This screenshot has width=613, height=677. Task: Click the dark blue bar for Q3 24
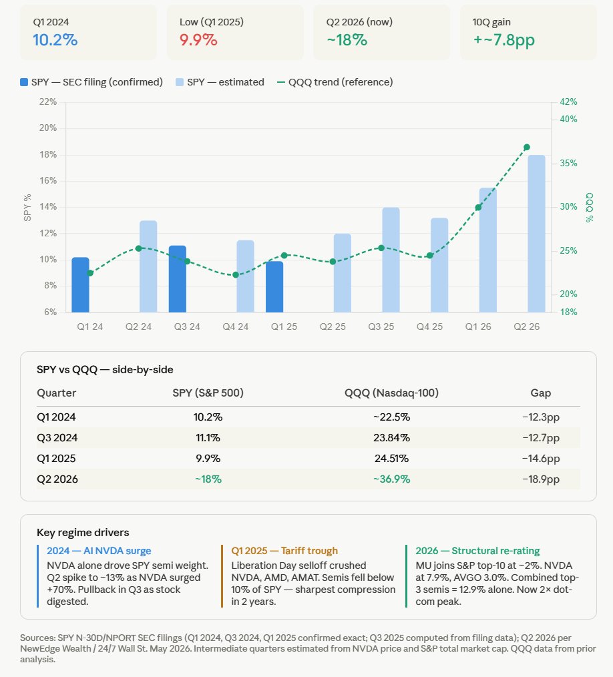[178, 279]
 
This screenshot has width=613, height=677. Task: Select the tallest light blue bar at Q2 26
[537, 234]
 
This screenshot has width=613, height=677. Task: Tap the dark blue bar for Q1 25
[274, 286]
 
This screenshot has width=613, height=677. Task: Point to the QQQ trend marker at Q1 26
[478, 208]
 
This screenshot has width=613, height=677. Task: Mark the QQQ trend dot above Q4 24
[236, 274]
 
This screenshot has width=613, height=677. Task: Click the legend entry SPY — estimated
[220, 82]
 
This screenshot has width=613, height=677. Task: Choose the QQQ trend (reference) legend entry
[335, 82]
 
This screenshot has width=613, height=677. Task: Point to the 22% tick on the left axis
[48, 102]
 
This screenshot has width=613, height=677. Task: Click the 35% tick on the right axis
[568, 163]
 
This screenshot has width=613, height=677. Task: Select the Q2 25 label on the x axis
[333, 327]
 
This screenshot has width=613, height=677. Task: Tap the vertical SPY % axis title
[27, 208]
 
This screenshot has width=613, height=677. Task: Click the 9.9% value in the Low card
[198, 40]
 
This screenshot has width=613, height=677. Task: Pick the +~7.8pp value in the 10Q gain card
[503, 40]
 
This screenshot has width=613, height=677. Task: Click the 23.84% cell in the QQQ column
[391, 438]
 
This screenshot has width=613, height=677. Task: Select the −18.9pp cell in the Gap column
[541, 479]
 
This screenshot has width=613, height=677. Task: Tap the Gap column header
[541, 393]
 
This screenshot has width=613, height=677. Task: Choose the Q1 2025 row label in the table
[56, 459]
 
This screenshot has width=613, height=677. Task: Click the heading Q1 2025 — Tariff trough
[284, 551]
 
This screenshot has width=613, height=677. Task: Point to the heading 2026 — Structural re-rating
[478, 551]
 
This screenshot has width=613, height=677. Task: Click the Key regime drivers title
[83, 533]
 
